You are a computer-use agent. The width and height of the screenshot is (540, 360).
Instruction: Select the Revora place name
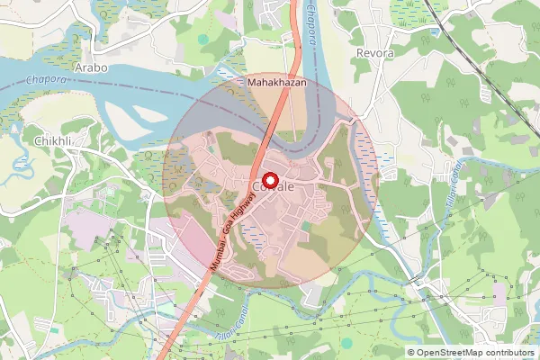pyautogui.click(x=376, y=53)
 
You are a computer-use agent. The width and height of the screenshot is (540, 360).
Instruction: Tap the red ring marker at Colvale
pyautogui.click(x=268, y=180)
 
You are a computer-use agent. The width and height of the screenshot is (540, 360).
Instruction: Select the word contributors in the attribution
pyautogui.click(x=513, y=352)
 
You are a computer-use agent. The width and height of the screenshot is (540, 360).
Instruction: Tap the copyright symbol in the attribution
pyautogui.click(x=412, y=352)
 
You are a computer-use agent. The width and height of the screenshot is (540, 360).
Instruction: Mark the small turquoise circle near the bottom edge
pyautogui.click(x=347, y=343)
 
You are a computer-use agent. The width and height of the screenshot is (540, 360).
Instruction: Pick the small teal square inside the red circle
pyautogui.click(x=307, y=225)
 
